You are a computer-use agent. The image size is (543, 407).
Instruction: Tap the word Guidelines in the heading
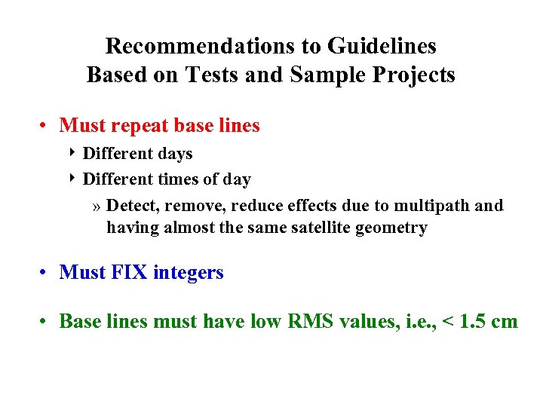[382, 46]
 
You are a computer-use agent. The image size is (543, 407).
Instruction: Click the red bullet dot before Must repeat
[46, 126]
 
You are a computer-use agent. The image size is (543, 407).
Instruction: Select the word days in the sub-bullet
[173, 154]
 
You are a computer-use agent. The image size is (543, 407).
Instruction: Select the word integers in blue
[189, 273]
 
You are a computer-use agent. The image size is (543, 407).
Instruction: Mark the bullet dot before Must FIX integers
[46, 272]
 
